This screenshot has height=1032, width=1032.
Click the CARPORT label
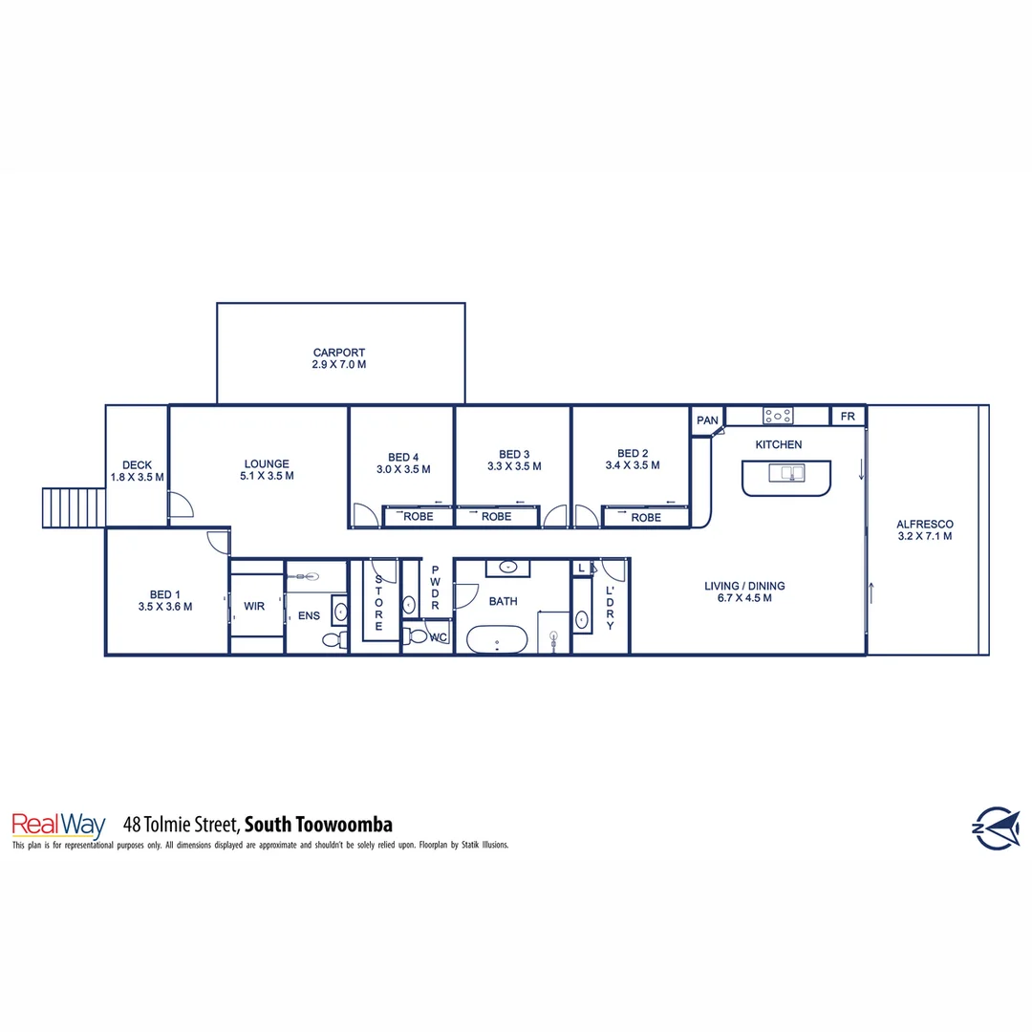[339, 353]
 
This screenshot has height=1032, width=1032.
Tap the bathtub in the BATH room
[496, 639]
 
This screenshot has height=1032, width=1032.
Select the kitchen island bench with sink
[786, 478]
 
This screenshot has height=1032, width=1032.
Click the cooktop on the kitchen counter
[777, 416]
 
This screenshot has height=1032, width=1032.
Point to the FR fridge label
[848, 417]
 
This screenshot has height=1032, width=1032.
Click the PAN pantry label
[707, 420]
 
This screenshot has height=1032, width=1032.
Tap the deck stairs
[73, 506]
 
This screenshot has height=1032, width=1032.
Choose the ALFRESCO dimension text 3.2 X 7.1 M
[924, 536]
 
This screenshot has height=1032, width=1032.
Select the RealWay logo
[57, 825]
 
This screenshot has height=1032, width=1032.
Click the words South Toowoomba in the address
[319, 825]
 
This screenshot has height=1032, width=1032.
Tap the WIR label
[254, 606]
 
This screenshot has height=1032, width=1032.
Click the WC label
[439, 637]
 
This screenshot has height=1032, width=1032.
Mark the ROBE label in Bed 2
[646, 518]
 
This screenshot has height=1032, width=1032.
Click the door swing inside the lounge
[180, 505]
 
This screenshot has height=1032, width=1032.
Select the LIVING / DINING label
[745, 586]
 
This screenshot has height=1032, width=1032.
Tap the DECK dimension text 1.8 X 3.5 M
[137, 477]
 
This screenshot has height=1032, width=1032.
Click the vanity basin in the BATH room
[509, 568]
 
